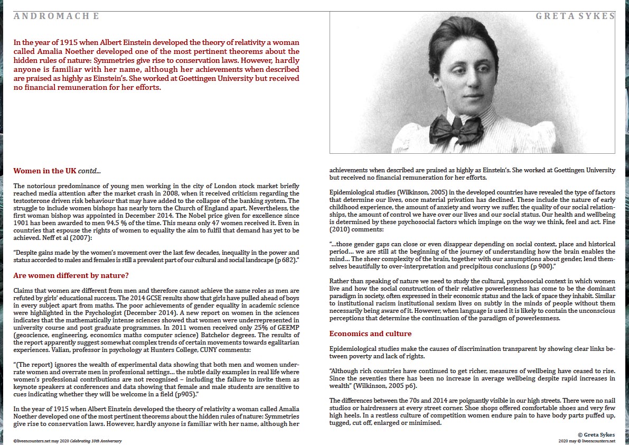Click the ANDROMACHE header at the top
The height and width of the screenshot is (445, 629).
[56, 16]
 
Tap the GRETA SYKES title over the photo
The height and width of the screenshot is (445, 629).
[575, 16]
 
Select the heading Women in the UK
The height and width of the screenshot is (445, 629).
[45, 171]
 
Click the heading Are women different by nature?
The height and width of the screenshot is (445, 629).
[71, 275]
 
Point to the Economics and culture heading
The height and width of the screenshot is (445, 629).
[370, 333]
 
